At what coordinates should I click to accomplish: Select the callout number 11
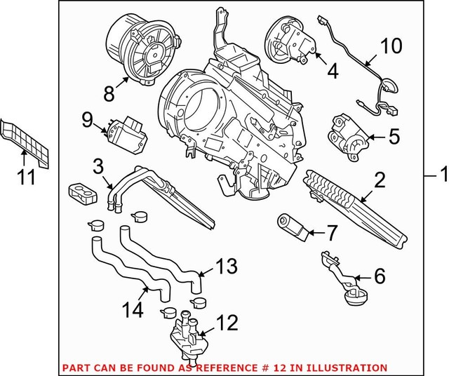pyautogui.click(x=26, y=177)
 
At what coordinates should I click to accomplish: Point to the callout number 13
pyautogui.click(x=226, y=267)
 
